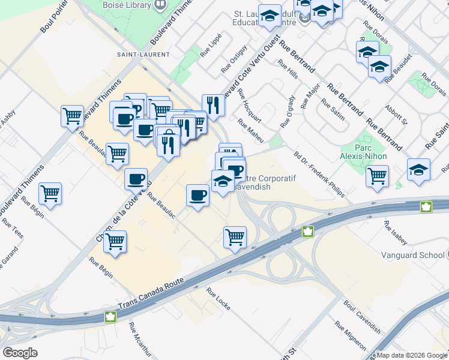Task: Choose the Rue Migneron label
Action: (351, 336)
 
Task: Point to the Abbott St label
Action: (396, 113)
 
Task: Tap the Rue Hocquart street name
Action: (249, 105)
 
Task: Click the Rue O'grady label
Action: (288, 110)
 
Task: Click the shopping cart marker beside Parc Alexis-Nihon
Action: (377, 176)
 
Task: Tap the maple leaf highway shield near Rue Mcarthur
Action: (110, 316)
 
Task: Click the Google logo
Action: (20, 352)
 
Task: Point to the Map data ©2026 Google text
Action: (412, 355)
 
